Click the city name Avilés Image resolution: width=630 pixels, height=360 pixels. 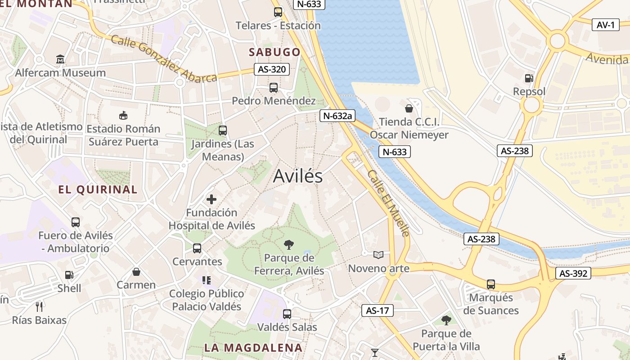point(298,176)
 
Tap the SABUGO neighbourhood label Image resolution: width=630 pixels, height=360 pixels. point(274,52)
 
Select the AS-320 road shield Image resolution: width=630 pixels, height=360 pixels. point(271,70)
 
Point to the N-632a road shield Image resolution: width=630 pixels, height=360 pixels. point(337,116)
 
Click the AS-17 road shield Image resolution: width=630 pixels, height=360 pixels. point(377,310)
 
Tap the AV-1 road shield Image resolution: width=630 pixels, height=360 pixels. point(605,25)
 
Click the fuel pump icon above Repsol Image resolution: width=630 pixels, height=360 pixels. point(529,78)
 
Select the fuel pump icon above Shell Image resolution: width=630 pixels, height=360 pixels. point(69,274)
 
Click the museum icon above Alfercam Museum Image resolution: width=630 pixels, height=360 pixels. point(60,59)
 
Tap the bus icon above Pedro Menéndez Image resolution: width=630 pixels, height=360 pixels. point(274,88)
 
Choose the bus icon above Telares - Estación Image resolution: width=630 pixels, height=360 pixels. point(278,12)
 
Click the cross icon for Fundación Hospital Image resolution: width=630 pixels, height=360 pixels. point(211,199)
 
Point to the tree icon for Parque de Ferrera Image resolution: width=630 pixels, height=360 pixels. point(289,245)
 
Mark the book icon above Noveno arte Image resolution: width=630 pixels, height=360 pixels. point(378,255)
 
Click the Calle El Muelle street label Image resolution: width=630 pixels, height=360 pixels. point(388,203)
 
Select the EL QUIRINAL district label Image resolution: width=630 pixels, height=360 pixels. point(98,189)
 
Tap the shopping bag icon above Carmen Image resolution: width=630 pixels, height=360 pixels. point(136,272)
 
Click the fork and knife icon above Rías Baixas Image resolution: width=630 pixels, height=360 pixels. point(39,307)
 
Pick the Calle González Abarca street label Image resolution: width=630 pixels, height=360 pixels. point(164,59)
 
